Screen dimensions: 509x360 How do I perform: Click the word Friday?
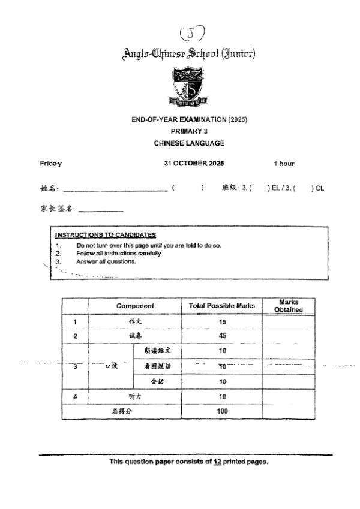pyautogui.click(x=50, y=164)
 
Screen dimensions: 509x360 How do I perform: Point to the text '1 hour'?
pyautogui.click(x=284, y=164)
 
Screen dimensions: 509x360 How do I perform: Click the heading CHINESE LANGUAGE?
pyautogui.click(x=189, y=143)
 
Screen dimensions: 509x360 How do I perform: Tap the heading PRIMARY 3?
pyautogui.click(x=189, y=131)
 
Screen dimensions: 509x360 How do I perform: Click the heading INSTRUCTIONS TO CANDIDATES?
pyautogui.click(x=106, y=235)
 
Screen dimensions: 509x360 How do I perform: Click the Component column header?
pyautogui.click(x=135, y=306)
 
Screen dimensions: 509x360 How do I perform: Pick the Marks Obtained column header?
pyautogui.click(x=289, y=306)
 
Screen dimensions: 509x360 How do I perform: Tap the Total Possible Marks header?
pyautogui.click(x=222, y=306)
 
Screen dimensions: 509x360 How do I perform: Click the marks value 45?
pyautogui.click(x=222, y=336)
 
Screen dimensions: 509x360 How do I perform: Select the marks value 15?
pyautogui.click(x=222, y=321)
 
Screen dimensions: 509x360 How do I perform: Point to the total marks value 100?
pyautogui.click(x=222, y=412)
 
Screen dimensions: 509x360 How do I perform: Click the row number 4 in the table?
pyautogui.click(x=76, y=396)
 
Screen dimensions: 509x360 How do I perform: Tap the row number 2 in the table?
pyautogui.click(x=76, y=336)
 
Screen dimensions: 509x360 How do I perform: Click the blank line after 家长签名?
pyautogui.click(x=100, y=211)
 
